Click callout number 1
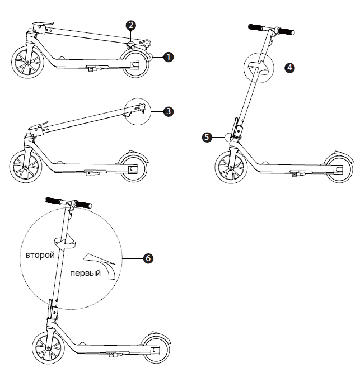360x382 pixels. tap(168, 56)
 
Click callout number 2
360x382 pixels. tap(130, 25)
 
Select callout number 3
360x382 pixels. tap(169, 111)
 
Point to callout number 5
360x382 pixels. tap(207, 136)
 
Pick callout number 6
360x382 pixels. tap(148, 258)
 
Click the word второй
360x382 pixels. tap(40, 255)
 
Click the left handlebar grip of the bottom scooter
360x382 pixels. tap(53, 200)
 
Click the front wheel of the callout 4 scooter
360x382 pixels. tap(231, 167)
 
